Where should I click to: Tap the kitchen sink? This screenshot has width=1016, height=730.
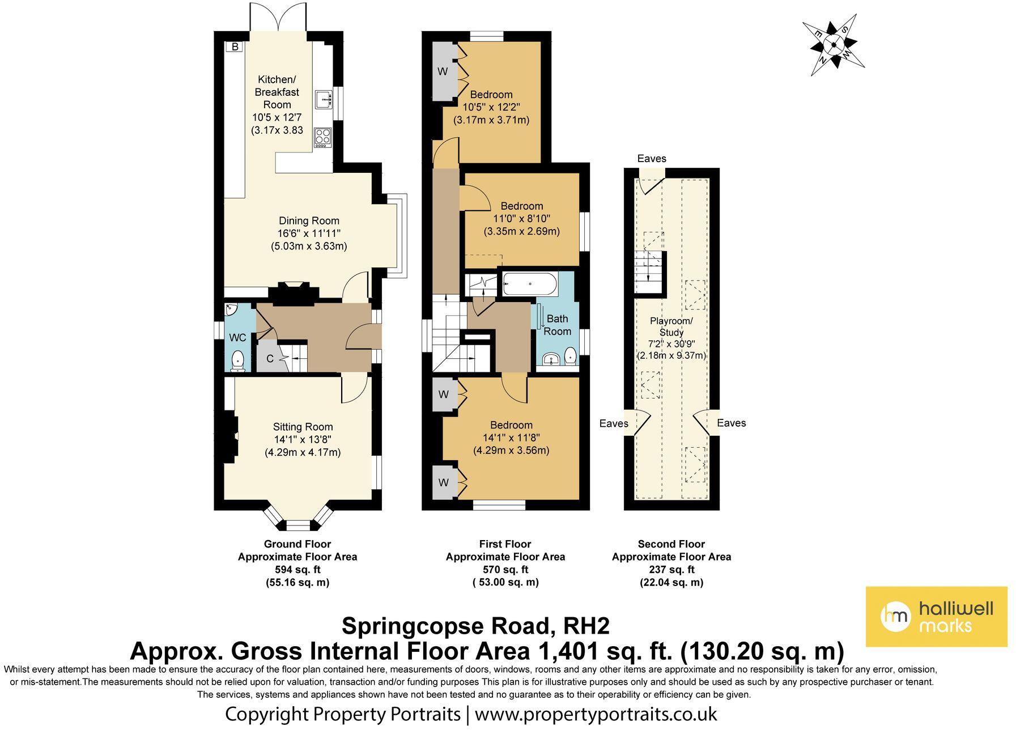tap(323, 99)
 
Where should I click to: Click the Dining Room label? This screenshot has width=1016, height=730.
tap(309, 221)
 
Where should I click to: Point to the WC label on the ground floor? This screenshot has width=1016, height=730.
tap(237, 338)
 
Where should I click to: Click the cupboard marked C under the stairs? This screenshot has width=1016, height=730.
tap(270, 359)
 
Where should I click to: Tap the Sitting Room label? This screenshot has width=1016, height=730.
tap(303, 427)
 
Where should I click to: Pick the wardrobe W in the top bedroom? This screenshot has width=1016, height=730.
tap(443, 71)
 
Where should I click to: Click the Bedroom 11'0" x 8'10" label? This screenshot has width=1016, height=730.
tap(521, 219)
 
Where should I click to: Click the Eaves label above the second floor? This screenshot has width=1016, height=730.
tap(652, 159)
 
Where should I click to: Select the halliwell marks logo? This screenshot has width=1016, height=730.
tap(936, 617)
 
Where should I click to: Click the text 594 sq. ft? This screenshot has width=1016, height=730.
tap(297, 570)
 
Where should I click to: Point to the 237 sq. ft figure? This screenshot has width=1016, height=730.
tap(671, 570)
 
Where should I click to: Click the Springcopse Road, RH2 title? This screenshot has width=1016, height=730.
tap(476, 626)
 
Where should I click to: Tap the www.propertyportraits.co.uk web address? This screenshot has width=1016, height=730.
tap(596, 714)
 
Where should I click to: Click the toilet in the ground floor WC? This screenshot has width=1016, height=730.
tap(239, 360)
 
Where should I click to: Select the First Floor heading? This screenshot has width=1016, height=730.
tap(505, 544)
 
